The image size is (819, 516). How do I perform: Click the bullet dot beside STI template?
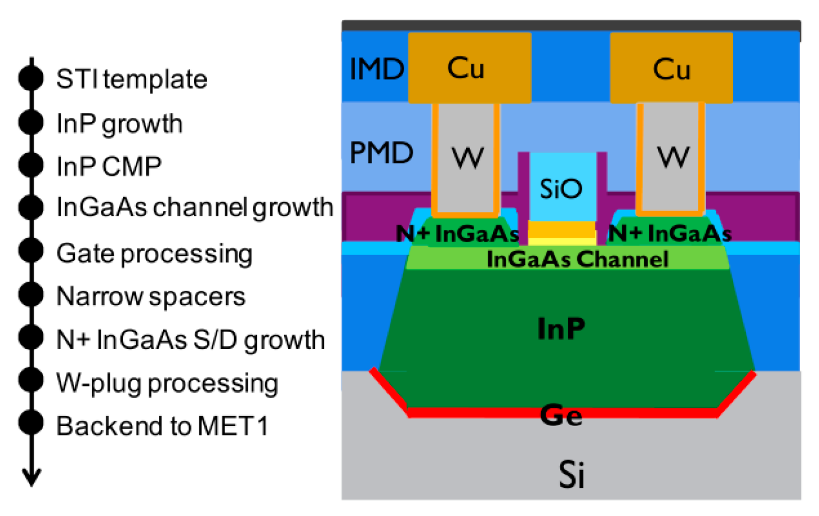(31, 78)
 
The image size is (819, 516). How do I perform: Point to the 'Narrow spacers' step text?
(150, 297)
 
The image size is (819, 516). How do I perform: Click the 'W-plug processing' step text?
(167, 383)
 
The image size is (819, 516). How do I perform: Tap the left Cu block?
(469, 68)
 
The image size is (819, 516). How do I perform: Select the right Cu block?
(671, 68)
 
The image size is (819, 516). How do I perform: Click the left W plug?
(466, 157)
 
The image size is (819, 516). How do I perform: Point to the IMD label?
(377, 69)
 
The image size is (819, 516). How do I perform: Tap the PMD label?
(381, 153)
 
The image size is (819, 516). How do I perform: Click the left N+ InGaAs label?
(457, 233)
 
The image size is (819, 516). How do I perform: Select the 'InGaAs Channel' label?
(577, 260)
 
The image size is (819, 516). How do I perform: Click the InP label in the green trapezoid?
(561, 329)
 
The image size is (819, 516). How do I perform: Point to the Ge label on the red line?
(561, 415)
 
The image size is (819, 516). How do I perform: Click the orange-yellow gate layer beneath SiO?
(561, 229)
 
